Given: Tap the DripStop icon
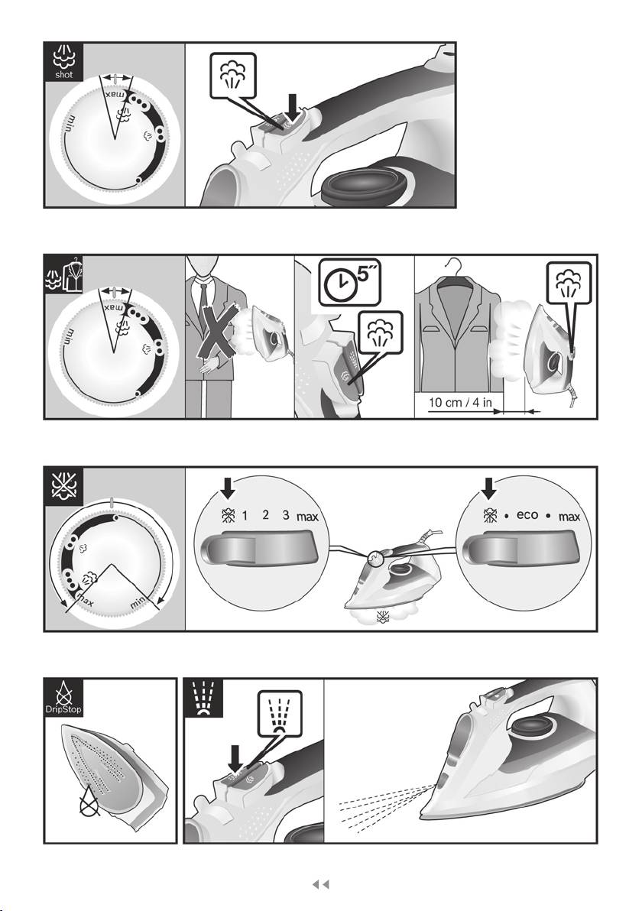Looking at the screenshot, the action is click(x=64, y=697).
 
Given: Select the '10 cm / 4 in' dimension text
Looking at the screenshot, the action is click(x=460, y=402).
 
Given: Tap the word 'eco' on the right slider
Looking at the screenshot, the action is click(x=527, y=515).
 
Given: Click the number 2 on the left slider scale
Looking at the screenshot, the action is click(x=265, y=515).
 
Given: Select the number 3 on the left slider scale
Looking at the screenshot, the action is click(x=286, y=515).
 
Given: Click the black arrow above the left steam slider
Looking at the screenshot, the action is click(x=229, y=488).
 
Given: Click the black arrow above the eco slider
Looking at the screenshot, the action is click(x=489, y=488).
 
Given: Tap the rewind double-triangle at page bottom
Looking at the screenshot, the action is click(x=321, y=884).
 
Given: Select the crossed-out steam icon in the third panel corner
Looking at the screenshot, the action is click(x=64, y=486).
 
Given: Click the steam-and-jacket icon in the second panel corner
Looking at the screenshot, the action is click(x=64, y=274).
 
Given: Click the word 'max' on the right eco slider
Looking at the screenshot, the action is click(x=569, y=517).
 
